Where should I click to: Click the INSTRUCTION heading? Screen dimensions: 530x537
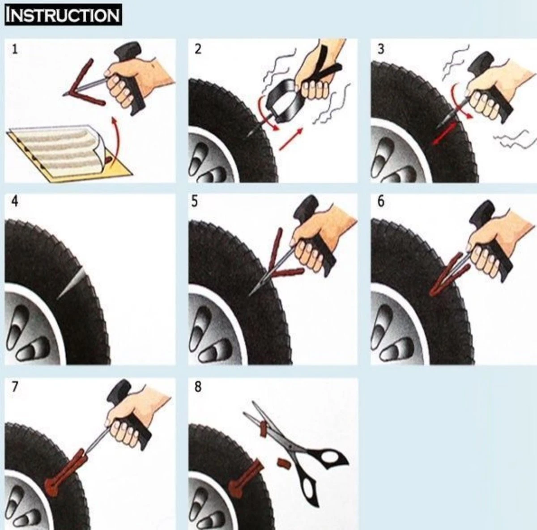[63, 15]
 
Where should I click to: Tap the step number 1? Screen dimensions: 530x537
[15, 49]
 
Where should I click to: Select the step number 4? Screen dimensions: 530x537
[15, 202]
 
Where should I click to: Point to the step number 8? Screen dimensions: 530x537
[198, 387]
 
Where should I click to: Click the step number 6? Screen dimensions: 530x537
[380, 202]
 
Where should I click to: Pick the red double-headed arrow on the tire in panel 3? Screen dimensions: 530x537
[443, 132]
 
